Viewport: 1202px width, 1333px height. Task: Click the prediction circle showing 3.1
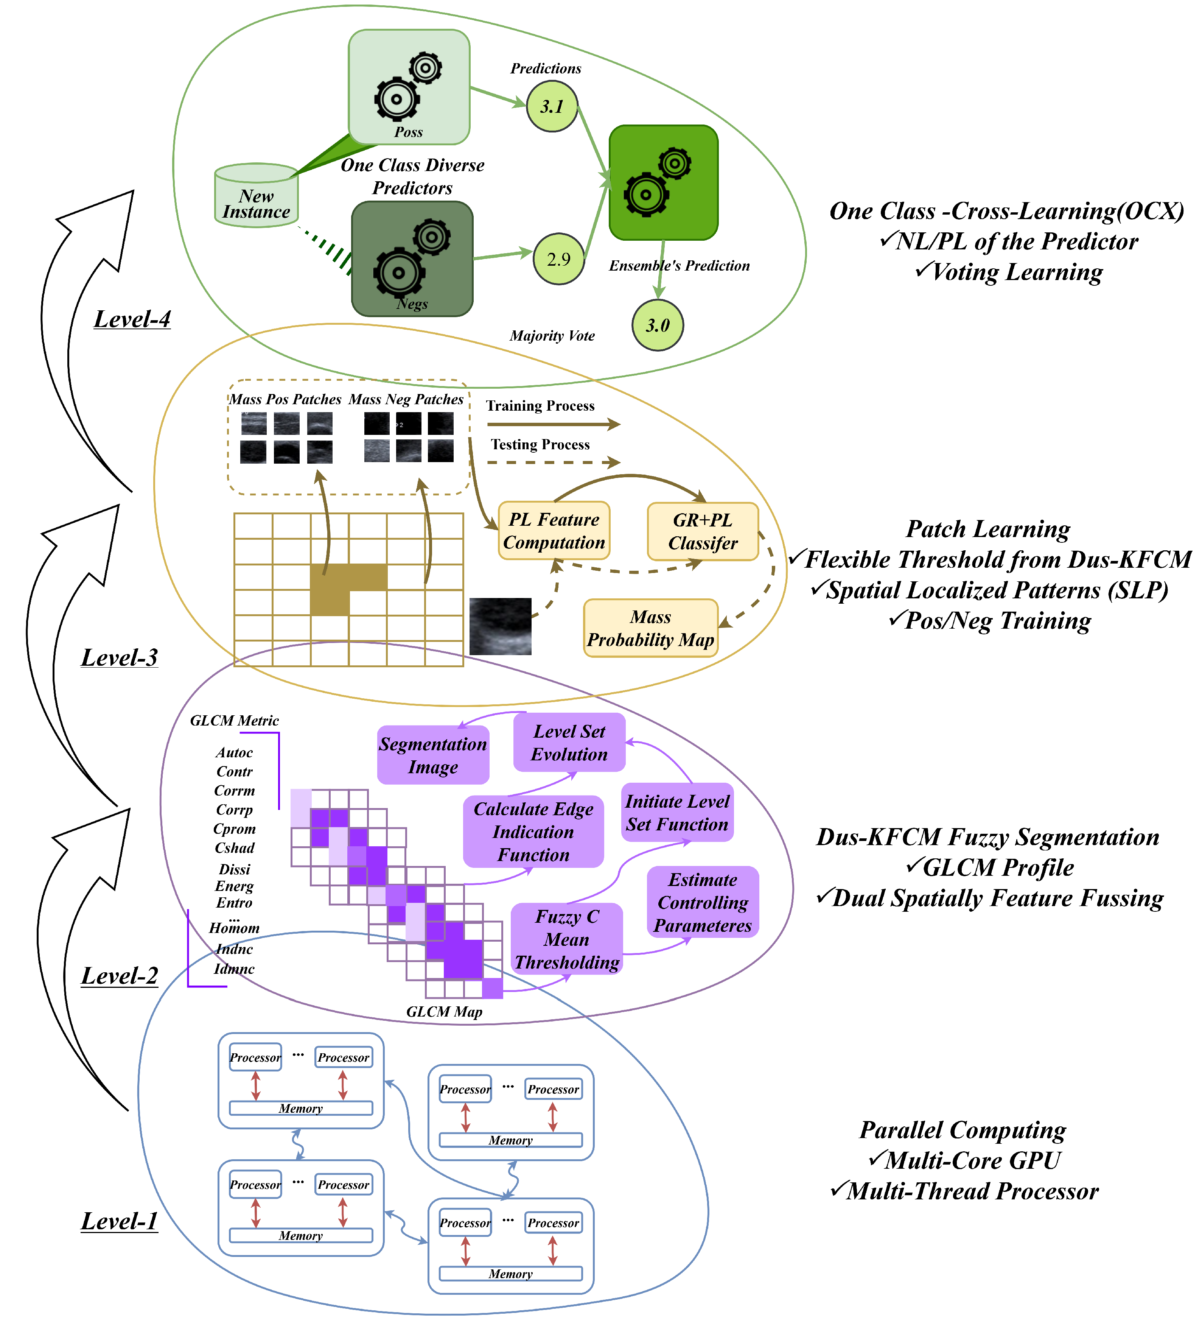(552, 106)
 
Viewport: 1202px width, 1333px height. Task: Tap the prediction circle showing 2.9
(558, 259)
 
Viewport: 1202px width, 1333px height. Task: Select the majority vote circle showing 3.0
(657, 325)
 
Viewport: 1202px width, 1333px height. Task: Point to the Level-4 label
(132, 319)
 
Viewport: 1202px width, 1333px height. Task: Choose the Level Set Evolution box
(569, 743)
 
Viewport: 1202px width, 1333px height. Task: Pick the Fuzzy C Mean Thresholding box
(567, 939)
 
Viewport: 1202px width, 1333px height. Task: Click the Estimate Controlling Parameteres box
(703, 902)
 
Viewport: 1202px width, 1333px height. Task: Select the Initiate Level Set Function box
(677, 813)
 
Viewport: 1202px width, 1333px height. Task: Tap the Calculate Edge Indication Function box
(533, 832)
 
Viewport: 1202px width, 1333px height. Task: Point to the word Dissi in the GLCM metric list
(235, 869)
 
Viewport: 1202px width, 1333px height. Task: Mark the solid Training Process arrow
(552, 424)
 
